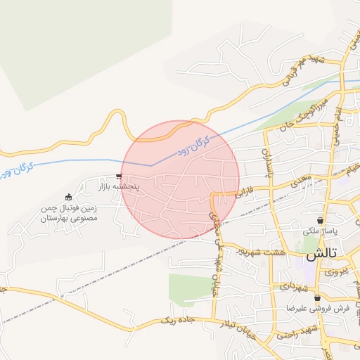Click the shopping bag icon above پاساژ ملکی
[321, 220]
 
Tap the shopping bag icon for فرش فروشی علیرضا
[316, 298]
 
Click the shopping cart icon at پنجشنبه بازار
[119, 177]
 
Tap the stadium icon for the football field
[68, 198]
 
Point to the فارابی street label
[250, 194]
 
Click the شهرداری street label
[292, 285]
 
